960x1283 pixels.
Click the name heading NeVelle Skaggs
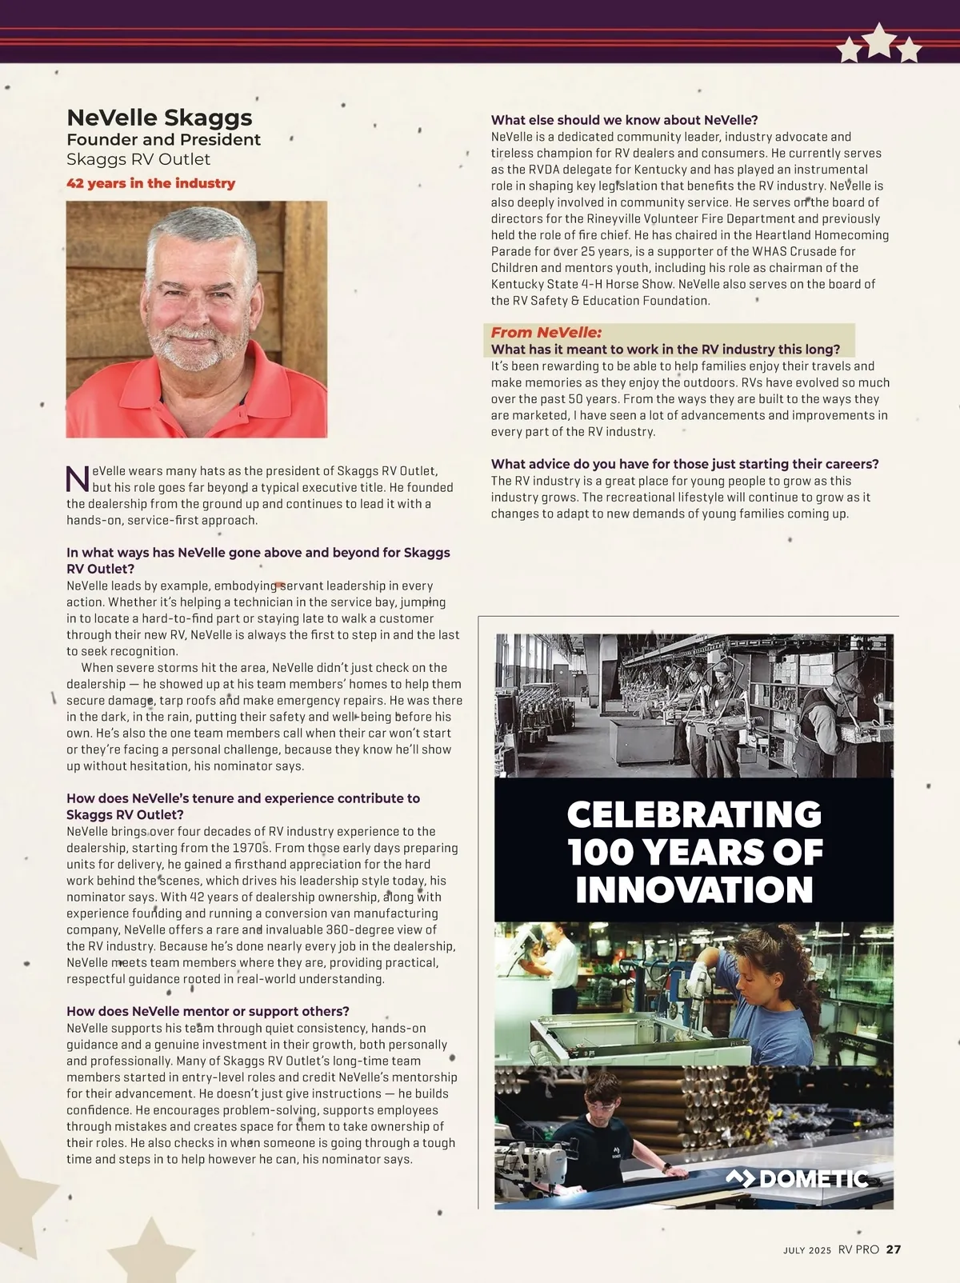click(x=159, y=118)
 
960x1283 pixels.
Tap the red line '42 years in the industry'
click(x=150, y=183)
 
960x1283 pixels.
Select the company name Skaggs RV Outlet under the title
click(x=138, y=159)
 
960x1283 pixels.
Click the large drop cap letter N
click(x=78, y=479)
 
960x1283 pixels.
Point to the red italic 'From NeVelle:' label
click(x=546, y=333)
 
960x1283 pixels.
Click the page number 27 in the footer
click(x=894, y=1249)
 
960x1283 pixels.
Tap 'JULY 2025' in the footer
click(x=807, y=1250)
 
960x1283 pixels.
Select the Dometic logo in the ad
click(x=797, y=1178)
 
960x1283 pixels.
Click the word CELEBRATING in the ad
click(x=694, y=815)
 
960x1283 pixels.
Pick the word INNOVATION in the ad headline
click(x=694, y=889)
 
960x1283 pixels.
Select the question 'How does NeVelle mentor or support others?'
click(x=208, y=1011)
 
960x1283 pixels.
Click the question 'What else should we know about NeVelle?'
click(x=624, y=120)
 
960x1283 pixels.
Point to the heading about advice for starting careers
click(x=685, y=464)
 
